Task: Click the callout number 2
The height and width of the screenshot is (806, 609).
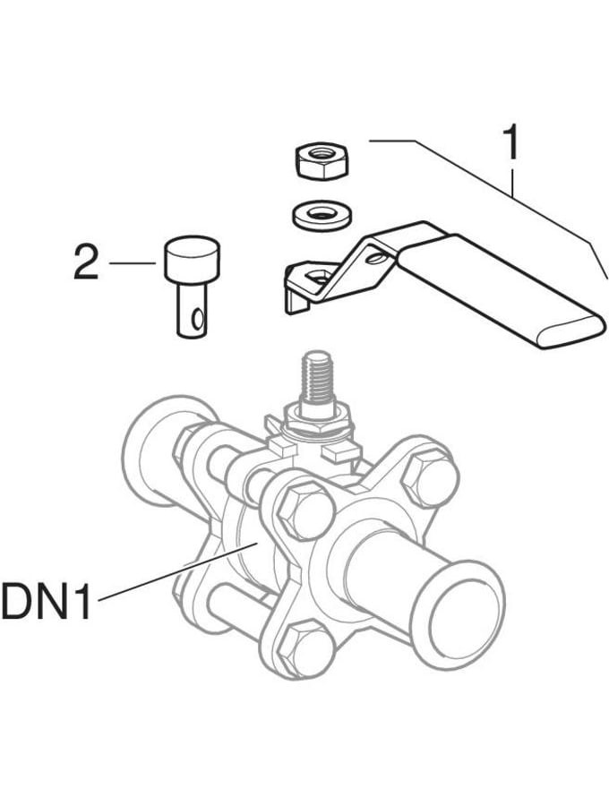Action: click(x=86, y=262)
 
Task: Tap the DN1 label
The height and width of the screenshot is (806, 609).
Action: click(x=47, y=600)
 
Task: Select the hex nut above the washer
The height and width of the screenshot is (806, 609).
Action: click(x=322, y=161)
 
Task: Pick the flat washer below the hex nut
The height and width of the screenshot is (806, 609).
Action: click(x=322, y=214)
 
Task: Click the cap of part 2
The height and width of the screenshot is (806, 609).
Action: click(x=192, y=259)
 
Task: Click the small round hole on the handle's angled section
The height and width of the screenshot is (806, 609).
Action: click(x=374, y=255)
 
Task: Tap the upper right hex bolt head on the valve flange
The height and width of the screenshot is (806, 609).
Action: click(x=429, y=478)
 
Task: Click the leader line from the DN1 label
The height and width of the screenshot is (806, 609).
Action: click(x=177, y=570)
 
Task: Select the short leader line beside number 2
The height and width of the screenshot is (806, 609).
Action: click(x=132, y=263)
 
